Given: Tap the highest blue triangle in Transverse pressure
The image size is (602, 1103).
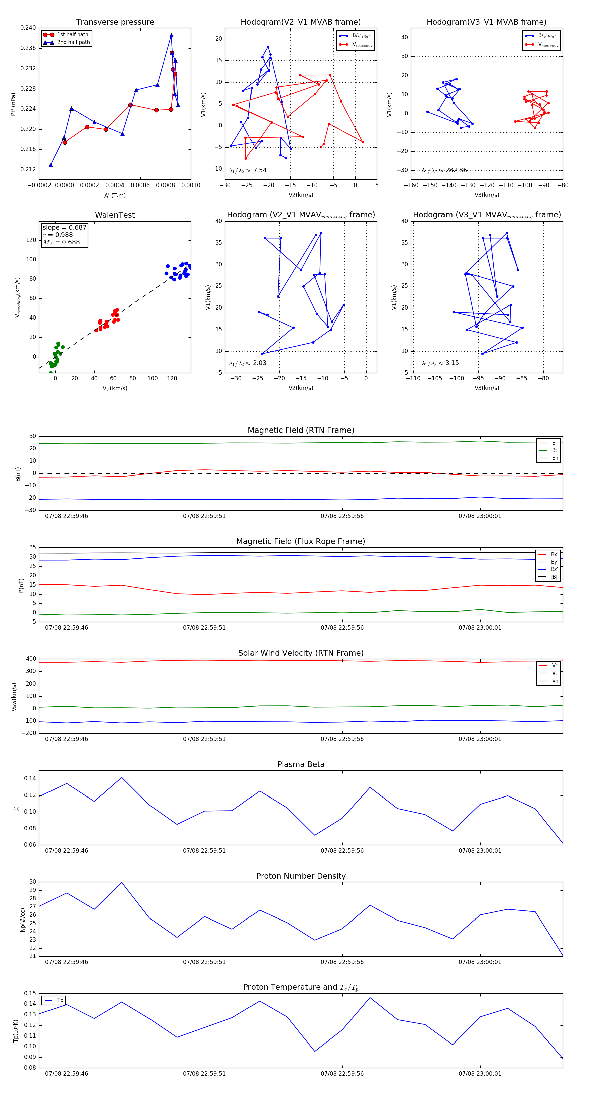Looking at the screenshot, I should click(x=171, y=35).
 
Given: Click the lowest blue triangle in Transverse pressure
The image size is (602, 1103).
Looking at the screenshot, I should click(x=51, y=165).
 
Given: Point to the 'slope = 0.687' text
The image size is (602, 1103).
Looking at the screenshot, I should click(x=64, y=227).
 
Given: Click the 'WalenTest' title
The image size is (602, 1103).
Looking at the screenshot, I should click(x=115, y=215).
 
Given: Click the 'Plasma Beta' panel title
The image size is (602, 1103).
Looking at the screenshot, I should click(x=301, y=765).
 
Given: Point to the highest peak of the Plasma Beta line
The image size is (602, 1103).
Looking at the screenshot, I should click(x=122, y=777).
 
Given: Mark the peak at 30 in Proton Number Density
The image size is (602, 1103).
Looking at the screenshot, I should click(x=122, y=882).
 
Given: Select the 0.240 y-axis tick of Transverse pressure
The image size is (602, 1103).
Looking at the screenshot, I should click(x=28, y=28).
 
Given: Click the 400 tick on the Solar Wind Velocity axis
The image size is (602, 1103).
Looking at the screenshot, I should click(x=31, y=659).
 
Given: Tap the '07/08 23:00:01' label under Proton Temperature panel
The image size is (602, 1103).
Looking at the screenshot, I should click(x=480, y=1074).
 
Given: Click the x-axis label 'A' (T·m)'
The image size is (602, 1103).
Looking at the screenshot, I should click(x=115, y=195).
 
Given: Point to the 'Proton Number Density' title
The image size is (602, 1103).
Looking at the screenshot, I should click(x=301, y=876).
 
